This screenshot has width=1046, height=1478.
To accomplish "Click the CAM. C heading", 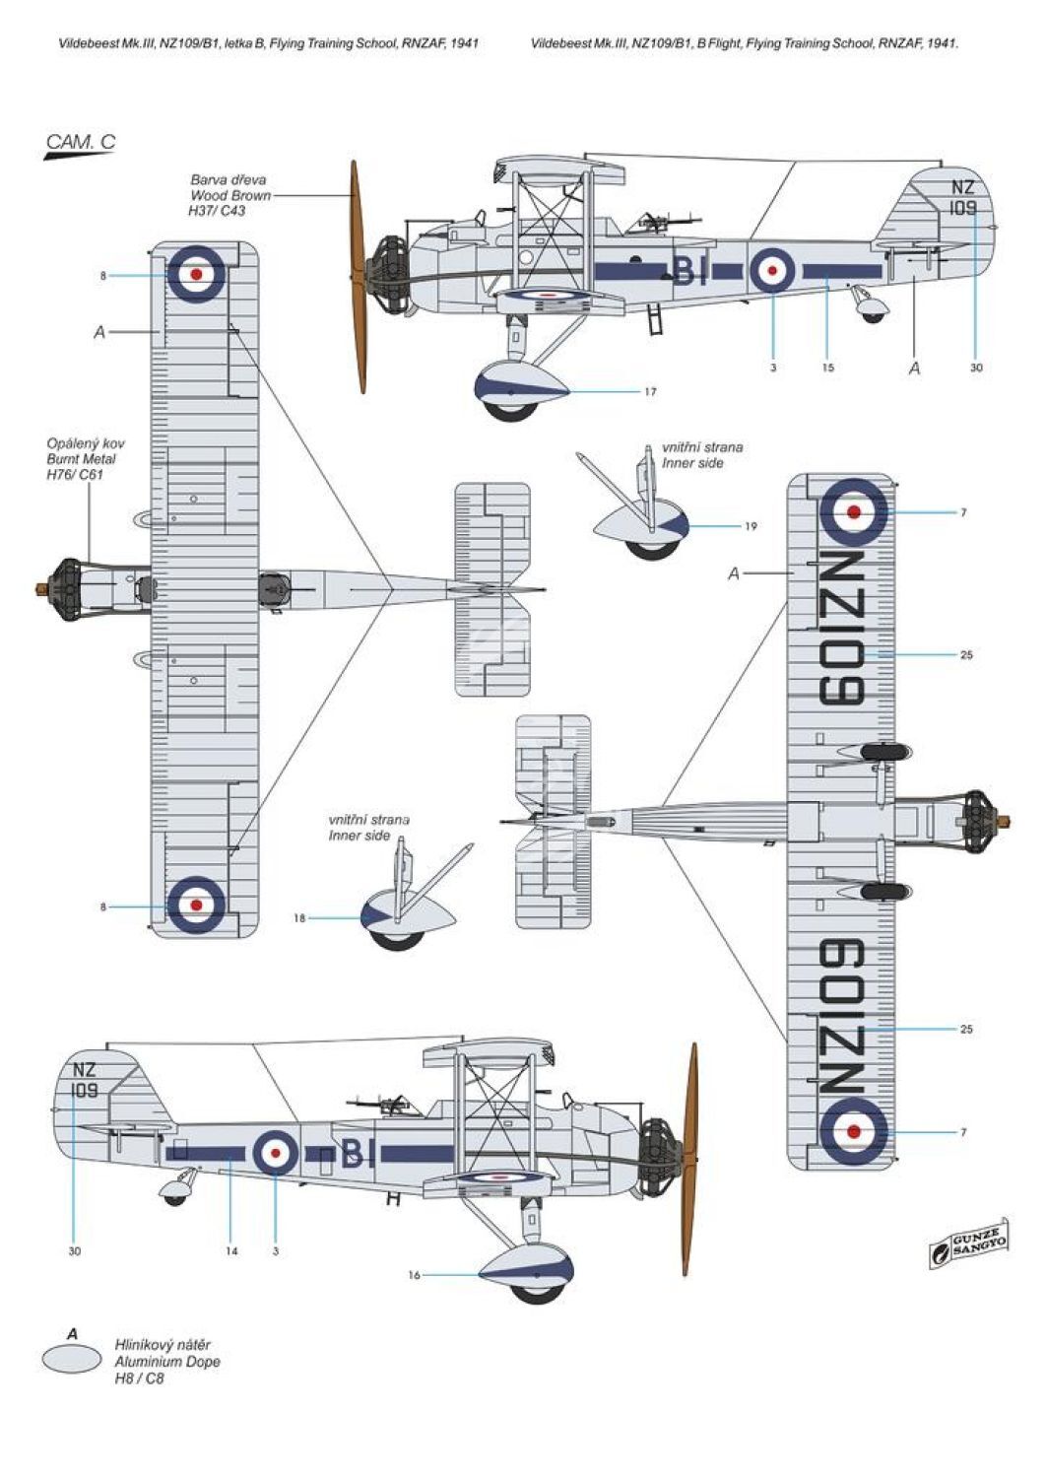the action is [81, 142].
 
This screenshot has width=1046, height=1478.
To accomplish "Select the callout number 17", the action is [650, 392].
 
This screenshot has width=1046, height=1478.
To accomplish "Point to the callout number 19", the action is [750, 526].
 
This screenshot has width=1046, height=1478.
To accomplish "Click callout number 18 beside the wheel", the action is [299, 917].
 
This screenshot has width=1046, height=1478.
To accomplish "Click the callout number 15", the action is [828, 368].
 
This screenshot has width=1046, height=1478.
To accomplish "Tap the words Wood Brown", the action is [230, 195].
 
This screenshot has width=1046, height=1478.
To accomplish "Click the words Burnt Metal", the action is [81, 459].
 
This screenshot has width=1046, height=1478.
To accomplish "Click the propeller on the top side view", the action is [359, 277].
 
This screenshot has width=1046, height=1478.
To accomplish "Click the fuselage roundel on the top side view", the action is [771, 269].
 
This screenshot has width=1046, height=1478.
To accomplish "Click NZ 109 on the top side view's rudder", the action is [963, 197].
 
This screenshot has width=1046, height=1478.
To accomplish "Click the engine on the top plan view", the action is [67, 589].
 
